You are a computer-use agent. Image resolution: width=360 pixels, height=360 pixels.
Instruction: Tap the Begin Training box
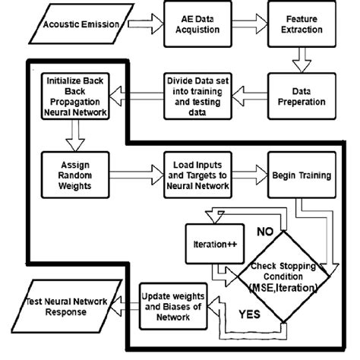302,176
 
